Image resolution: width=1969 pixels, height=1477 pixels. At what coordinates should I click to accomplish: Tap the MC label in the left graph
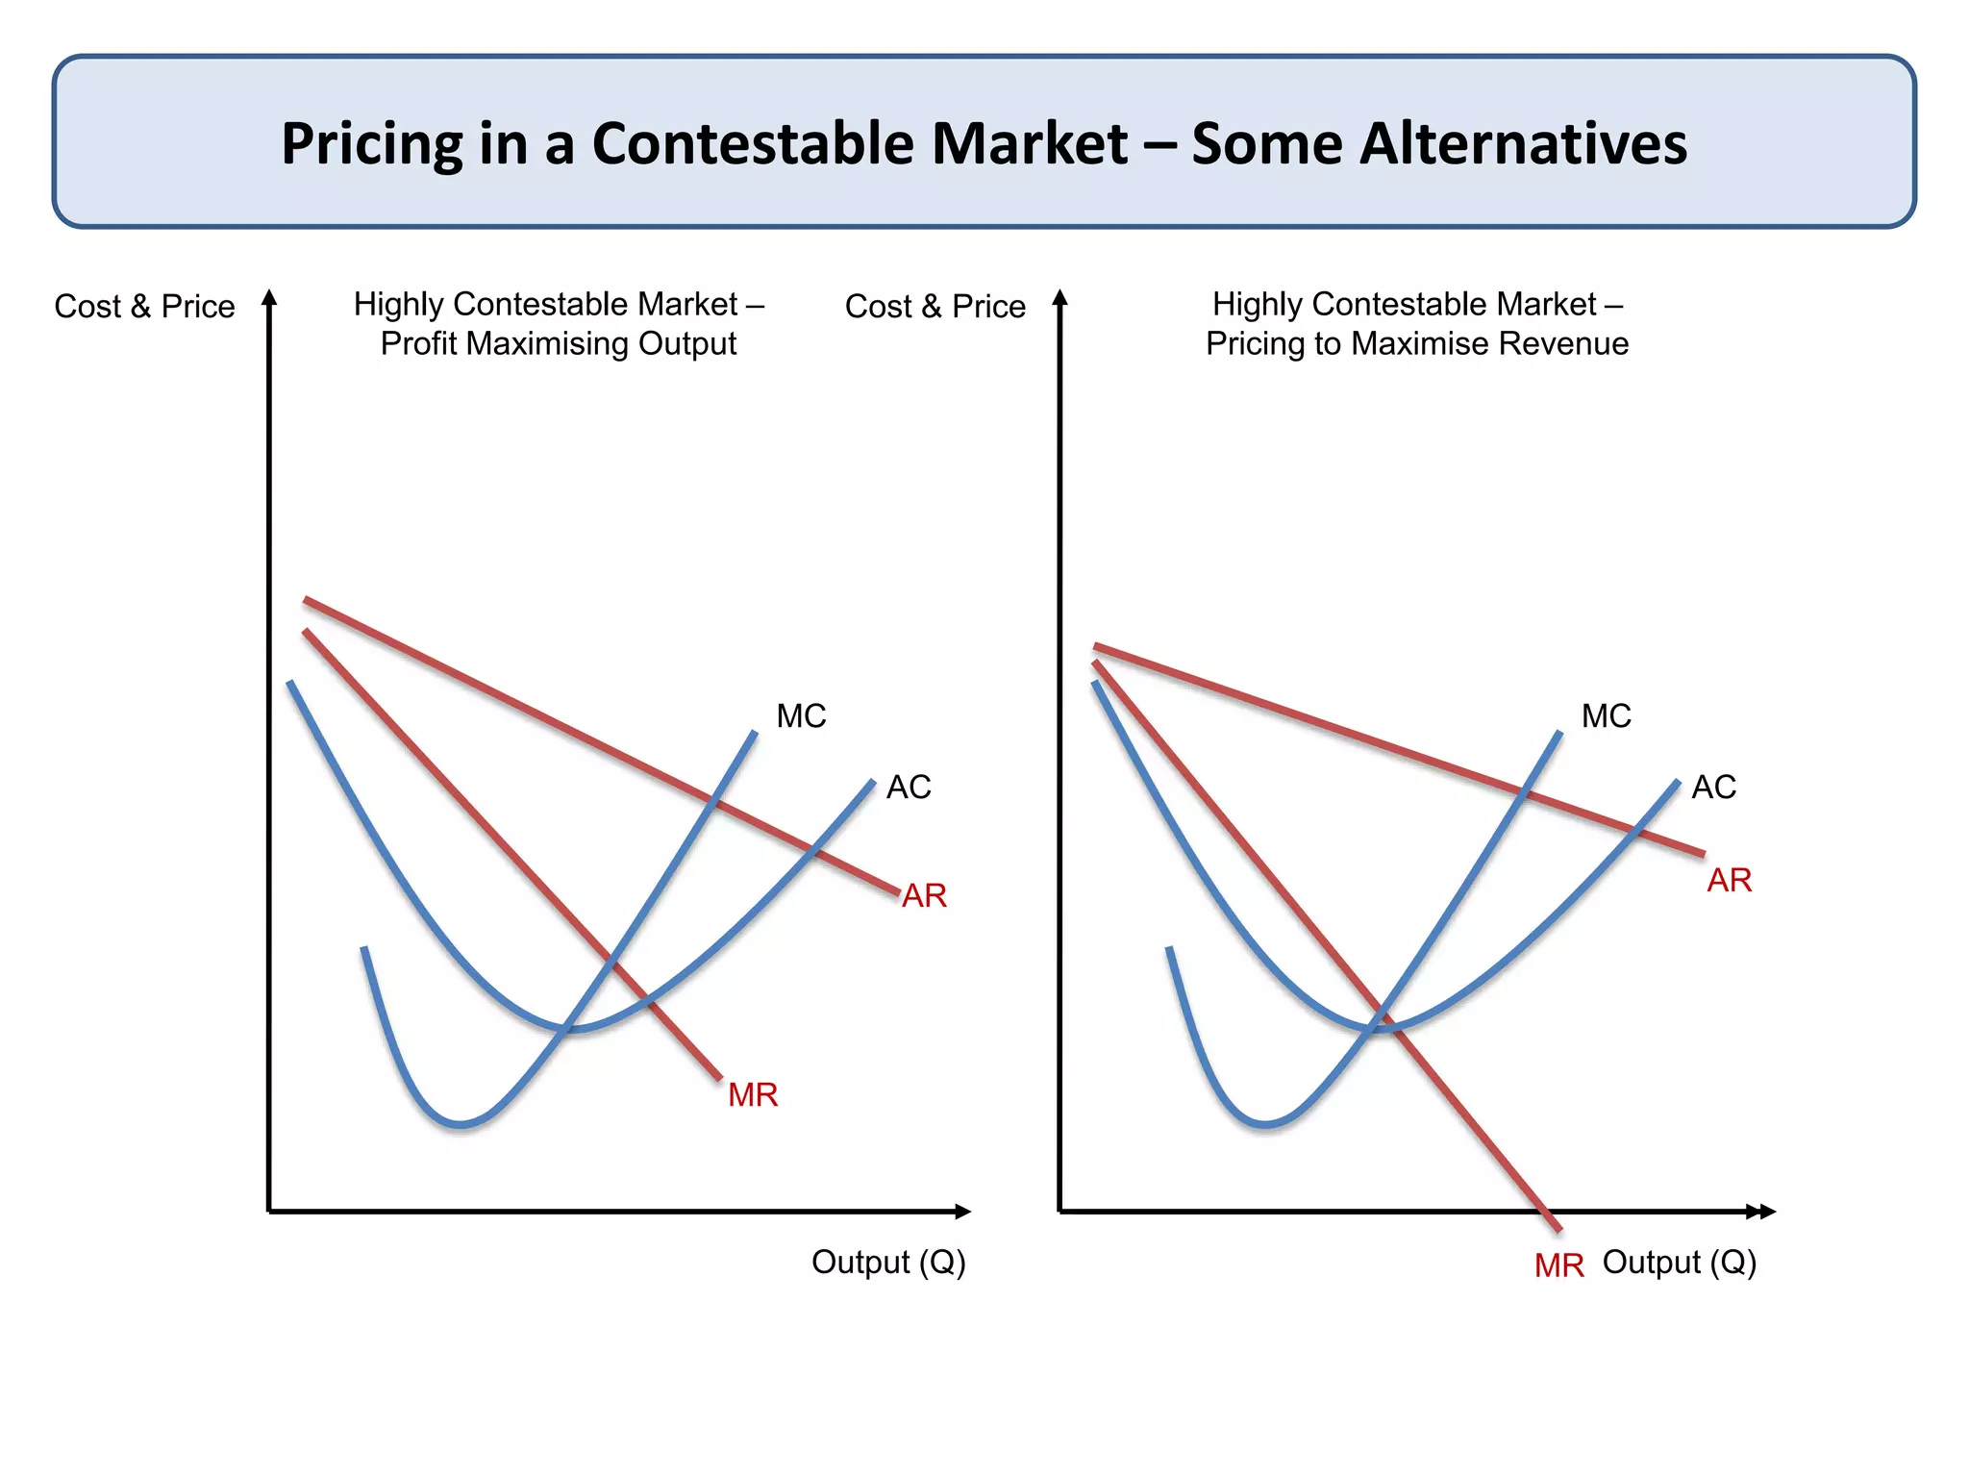(x=801, y=716)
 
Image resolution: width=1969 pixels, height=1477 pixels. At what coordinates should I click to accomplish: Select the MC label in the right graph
(x=1606, y=716)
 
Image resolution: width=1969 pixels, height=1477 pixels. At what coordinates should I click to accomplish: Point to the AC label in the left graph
(x=909, y=788)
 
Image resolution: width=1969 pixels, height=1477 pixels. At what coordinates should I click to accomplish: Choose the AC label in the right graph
(x=1713, y=788)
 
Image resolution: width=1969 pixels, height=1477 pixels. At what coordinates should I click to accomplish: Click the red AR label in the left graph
(x=924, y=896)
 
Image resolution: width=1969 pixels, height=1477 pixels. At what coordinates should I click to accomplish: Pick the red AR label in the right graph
(x=1729, y=881)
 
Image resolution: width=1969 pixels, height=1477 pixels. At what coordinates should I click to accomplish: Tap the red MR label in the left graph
(x=753, y=1095)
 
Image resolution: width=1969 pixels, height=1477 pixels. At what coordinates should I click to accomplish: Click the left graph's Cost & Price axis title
(x=144, y=307)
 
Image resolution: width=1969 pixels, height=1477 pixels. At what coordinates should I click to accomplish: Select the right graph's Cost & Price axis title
(x=935, y=307)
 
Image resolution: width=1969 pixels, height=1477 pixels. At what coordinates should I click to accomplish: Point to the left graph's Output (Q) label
(x=888, y=1262)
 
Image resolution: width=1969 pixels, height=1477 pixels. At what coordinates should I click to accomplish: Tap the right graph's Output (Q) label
(x=1680, y=1262)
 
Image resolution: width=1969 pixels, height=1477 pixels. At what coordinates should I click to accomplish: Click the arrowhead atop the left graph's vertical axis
(x=270, y=297)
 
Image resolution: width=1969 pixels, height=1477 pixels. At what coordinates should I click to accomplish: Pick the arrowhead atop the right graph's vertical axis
(x=1060, y=297)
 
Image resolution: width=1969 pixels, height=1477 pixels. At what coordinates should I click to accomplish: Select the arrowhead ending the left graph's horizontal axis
(x=963, y=1212)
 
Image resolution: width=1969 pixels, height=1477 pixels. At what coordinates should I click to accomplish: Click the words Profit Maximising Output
(x=559, y=344)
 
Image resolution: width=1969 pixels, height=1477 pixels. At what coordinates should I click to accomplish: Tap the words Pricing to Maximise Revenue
(x=1417, y=344)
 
